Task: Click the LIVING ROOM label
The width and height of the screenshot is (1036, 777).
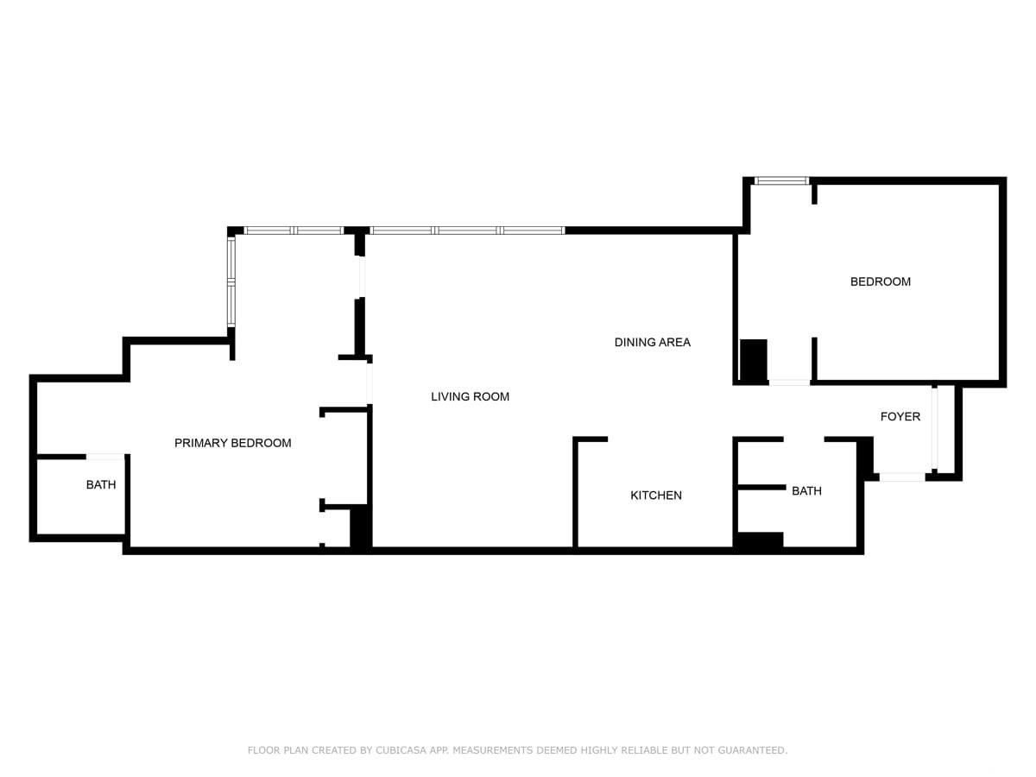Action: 471,397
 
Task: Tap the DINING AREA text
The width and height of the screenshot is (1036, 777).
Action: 653,343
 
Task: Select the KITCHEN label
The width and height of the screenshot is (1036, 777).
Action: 656,496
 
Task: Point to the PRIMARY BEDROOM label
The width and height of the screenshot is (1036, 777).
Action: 233,443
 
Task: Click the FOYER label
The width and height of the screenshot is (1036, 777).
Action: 900,417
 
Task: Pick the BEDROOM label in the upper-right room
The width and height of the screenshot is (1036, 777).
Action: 881,281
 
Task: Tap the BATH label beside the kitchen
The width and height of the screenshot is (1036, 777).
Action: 806,491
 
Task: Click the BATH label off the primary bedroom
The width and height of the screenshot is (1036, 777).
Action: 101,484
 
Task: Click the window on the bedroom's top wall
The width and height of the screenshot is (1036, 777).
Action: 781,180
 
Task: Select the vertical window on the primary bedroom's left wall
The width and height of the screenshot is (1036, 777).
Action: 231,281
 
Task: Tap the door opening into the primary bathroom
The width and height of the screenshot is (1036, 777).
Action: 105,457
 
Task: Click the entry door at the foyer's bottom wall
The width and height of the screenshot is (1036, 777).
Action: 902,477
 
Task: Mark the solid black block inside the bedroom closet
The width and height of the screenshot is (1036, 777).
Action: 754,361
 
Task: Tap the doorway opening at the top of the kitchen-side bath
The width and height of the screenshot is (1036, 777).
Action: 804,439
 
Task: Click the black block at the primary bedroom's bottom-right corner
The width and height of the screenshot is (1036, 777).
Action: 360,527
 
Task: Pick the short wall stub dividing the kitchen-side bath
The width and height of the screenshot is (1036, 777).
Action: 761,487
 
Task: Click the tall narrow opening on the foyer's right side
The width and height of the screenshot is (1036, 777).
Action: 934,428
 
